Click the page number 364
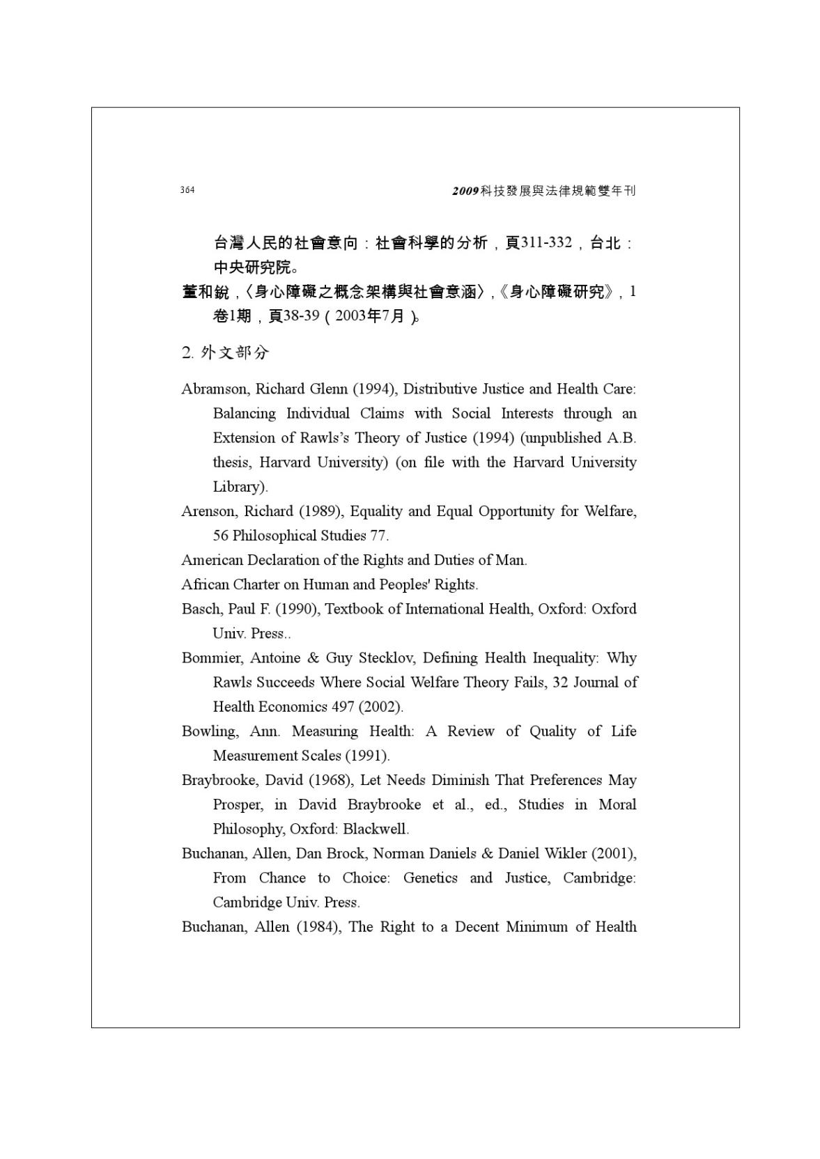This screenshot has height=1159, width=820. (187, 190)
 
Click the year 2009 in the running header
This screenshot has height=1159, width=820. (465, 191)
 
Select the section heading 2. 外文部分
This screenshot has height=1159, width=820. (225, 352)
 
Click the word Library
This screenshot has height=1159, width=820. (238, 486)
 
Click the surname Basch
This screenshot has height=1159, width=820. (201, 609)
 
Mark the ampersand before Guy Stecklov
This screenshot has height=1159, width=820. (313, 658)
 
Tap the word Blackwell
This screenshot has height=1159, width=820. (375, 829)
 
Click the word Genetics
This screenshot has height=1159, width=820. (430, 878)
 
